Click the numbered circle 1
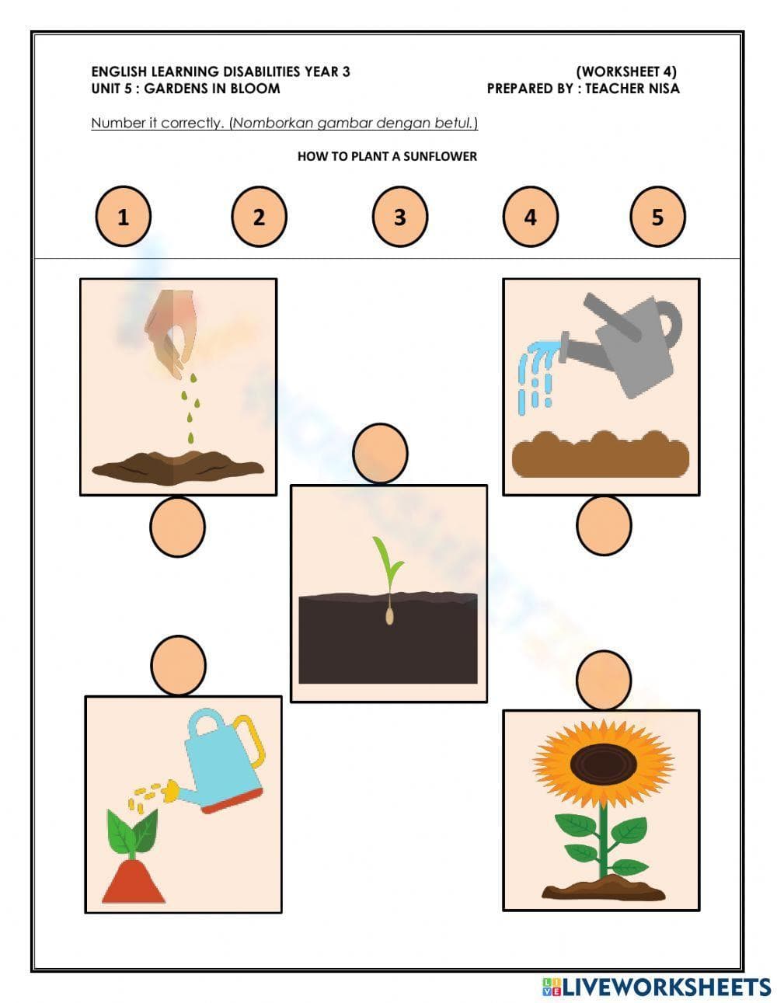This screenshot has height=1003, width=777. (123, 217)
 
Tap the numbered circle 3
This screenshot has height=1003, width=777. (399, 217)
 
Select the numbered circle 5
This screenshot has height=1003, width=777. (657, 217)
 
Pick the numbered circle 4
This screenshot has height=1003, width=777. (530, 217)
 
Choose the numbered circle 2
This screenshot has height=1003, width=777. (259, 217)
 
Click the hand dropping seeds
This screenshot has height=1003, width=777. (172, 330)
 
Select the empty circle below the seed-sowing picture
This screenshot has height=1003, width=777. (177, 527)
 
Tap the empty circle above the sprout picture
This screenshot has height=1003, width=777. (380, 453)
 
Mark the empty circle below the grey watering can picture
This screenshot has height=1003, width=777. (604, 525)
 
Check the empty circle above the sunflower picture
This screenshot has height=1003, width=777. (604, 680)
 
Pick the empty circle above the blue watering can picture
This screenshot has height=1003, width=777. (179, 666)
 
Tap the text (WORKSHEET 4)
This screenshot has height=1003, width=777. (626, 71)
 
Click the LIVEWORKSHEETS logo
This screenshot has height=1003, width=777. (657, 987)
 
